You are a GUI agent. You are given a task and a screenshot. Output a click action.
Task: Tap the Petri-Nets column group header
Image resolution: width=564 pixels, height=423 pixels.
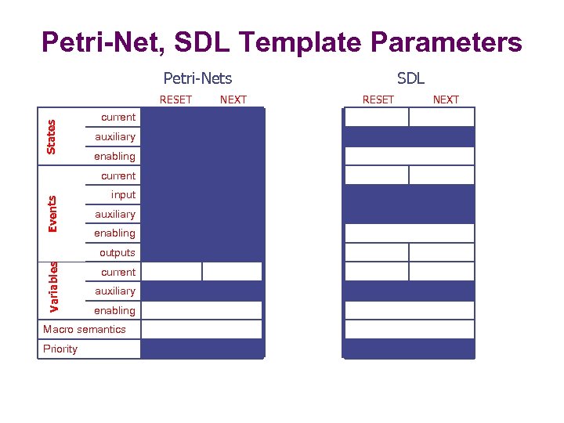[x=197, y=78]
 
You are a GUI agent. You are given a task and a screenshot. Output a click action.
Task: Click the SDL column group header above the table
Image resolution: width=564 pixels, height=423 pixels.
[x=410, y=78]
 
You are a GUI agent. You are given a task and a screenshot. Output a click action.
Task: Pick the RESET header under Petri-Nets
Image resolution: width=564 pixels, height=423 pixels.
[x=175, y=99]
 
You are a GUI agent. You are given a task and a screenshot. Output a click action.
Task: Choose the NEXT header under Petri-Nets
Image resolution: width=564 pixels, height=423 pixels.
[x=233, y=99]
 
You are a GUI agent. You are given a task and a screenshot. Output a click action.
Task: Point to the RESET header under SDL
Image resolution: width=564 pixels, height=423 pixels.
[x=378, y=99]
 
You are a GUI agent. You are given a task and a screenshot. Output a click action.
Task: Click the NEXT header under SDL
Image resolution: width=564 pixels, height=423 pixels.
[x=446, y=99]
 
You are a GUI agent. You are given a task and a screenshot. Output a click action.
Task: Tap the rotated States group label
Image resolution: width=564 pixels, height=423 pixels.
[x=51, y=136]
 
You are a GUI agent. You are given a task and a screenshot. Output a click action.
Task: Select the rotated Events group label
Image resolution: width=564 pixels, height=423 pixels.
[x=52, y=214]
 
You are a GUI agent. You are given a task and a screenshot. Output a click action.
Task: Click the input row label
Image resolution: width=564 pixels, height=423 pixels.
[x=123, y=194]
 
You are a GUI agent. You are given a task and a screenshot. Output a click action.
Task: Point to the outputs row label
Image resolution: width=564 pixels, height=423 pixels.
[x=117, y=252]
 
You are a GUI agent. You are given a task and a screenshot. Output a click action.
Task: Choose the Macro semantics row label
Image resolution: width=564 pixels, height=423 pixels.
[x=84, y=329]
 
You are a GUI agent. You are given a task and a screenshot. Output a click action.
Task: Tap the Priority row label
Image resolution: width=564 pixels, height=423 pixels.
[x=60, y=349]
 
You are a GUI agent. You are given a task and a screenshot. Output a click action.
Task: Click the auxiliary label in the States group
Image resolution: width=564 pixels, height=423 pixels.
[x=114, y=136]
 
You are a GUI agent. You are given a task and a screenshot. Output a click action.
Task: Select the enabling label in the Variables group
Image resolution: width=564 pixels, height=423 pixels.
[x=114, y=310]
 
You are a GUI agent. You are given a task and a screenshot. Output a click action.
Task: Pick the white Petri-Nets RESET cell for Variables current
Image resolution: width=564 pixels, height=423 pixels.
[x=172, y=271]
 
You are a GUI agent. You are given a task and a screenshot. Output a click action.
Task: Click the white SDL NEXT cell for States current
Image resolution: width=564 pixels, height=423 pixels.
[x=442, y=117]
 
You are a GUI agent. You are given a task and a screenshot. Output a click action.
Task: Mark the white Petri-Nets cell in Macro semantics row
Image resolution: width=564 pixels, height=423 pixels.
[x=201, y=329]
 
